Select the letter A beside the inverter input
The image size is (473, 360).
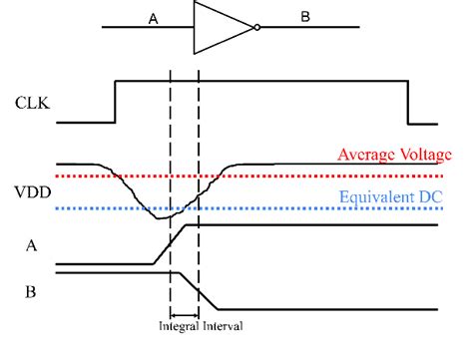(153, 19)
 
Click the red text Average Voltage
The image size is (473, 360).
(394, 155)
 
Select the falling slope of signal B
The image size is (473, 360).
(202, 290)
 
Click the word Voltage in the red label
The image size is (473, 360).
(424, 155)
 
